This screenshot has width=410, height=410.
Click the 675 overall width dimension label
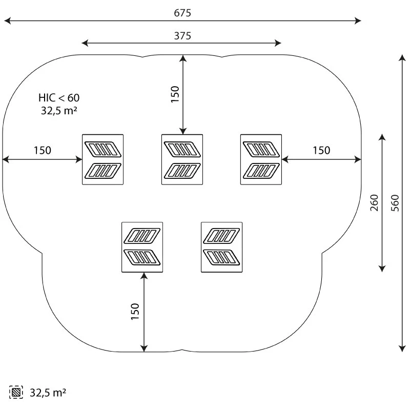click(x=182, y=13)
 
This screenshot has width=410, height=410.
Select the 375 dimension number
click(x=182, y=36)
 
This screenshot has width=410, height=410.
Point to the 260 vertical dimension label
click(x=374, y=203)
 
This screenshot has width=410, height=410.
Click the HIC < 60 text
click(x=59, y=97)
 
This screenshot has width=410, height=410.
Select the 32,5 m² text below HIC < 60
click(x=59, y=110)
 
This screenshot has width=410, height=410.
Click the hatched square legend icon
click(x=16, y=393)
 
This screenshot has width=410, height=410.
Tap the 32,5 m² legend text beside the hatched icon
click(x=48, y=393)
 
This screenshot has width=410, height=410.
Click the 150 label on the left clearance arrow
click(x=43, y=151)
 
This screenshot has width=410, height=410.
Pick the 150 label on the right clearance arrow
click(x=321, y=151)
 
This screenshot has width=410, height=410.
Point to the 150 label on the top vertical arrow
click(x=175, y=94)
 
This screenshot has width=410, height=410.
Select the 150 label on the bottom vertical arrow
click(x=135, y=312)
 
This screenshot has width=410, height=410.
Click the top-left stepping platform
click(x=103, y=159)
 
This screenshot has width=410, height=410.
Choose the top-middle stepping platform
click(x=182, y=159)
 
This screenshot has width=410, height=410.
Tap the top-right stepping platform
click(x=261, y=159)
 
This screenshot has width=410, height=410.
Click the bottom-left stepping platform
click(x=142, y=247)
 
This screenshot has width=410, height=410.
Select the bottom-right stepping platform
click(x=221, y=247)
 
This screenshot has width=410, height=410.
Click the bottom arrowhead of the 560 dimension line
click(x=402, y=350)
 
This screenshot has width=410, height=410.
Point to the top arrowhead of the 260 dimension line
click(x=382, y=136)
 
